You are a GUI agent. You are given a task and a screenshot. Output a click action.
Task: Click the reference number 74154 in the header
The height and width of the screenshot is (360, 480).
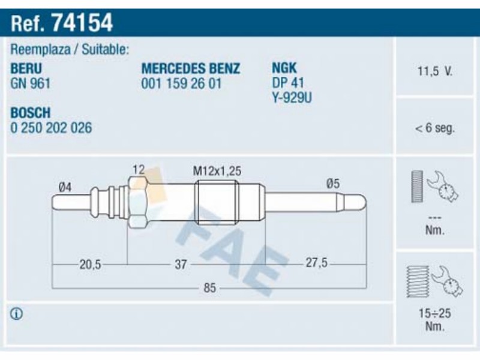(x=83, y=22)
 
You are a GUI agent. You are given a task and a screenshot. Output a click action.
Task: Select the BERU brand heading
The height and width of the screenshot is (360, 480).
(x=26, y=68)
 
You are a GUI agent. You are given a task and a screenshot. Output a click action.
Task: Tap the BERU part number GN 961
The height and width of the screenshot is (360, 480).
(x=31, y=83)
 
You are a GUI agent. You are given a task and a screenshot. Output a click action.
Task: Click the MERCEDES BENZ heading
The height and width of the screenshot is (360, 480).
(x=191, y=68)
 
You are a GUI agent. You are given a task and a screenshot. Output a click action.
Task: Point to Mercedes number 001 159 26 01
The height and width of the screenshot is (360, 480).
(x=181, y=83)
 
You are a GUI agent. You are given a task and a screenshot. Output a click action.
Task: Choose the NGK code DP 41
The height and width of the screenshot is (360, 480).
(x=288, y=83)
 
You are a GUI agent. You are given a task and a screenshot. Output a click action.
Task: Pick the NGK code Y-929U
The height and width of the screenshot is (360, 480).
(x=292, y=98)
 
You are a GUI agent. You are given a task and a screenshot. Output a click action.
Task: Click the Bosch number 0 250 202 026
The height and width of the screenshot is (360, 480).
(x=51, y=128)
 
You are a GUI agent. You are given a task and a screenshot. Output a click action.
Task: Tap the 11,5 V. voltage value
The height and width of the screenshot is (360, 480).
(x=434, y=71)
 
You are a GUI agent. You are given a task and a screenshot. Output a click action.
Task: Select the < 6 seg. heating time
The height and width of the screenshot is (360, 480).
(x=434, y=128)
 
